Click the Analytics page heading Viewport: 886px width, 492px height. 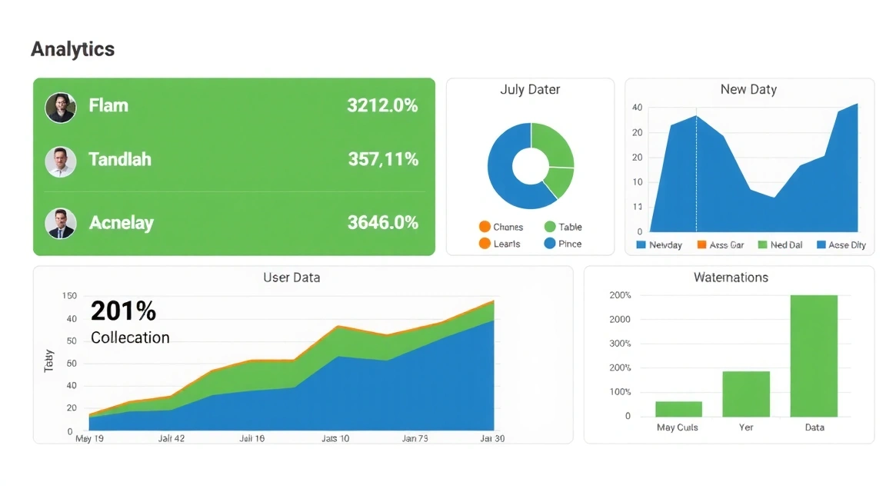coord(73,49)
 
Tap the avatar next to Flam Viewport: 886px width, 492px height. coord(60,108)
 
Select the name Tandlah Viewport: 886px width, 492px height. coord(120,160)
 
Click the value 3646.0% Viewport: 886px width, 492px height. coord(382,223)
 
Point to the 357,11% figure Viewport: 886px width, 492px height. coord(383,160)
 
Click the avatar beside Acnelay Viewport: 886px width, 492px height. coord(60,223)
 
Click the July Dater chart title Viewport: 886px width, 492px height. coord(530,90)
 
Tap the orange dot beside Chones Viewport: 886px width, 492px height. coord(485,227)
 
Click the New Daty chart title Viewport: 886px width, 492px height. coord(748,90)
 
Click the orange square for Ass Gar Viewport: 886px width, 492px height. coord(701,244)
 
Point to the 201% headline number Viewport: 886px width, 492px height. coord(123,311)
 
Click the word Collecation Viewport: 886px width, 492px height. coord(130,337)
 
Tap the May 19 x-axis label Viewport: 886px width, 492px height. coord(90,438)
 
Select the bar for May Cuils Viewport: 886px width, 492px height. coord(678,409)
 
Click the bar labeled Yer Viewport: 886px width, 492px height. coord(745,394)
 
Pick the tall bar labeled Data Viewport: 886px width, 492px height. coord(814,355)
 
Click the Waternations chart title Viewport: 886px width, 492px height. coord(730,278)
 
